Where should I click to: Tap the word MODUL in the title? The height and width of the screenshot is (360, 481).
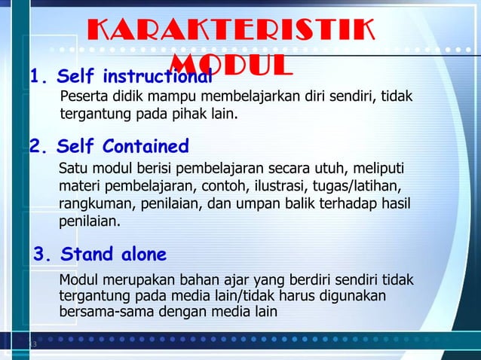(231, 65)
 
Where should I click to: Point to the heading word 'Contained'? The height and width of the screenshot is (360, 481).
(146, 145)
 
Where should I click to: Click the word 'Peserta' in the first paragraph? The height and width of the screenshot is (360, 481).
(82, 98)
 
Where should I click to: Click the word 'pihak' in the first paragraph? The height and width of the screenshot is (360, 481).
(191, 115)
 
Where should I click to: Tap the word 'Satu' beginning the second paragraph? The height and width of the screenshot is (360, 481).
(72, 167)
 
